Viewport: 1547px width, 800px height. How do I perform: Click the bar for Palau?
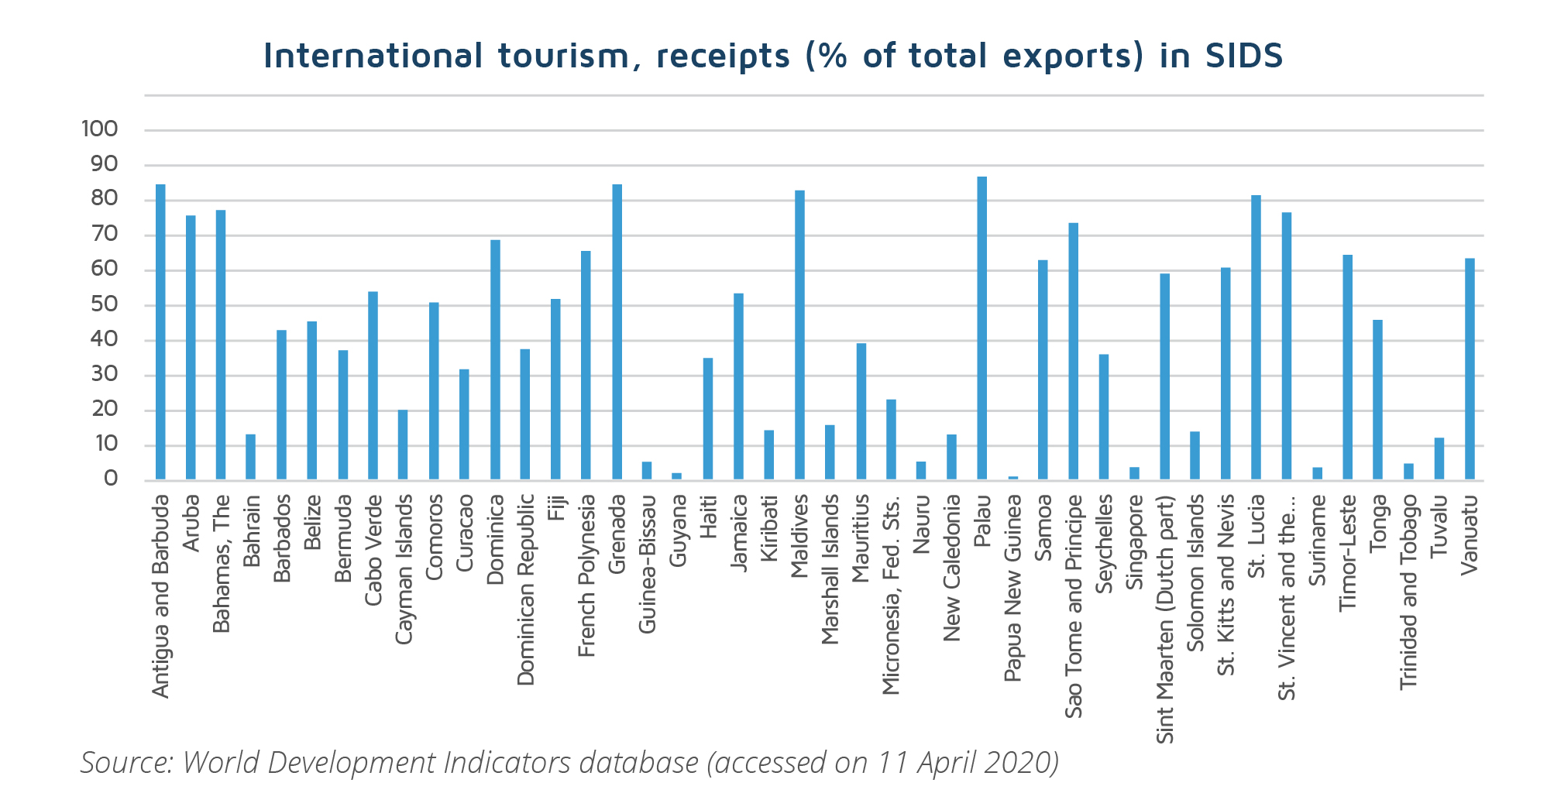pos(981,328)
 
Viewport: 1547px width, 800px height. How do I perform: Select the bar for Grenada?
pos(617,332)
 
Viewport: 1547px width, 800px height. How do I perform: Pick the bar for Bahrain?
pos(250,457)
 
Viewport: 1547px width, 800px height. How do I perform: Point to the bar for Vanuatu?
pos(1470,369)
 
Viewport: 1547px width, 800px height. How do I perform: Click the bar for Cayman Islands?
pos(403,445)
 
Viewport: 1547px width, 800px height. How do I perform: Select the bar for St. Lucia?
pos(1256,338)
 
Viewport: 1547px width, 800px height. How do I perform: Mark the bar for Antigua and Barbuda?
pos(160,332)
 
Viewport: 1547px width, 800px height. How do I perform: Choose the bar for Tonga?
pos(1377,400)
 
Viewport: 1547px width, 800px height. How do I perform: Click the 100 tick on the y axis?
pos(100,129)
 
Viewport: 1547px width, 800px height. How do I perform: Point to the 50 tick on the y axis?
pos(105,304)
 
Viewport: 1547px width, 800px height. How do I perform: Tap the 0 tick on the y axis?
pos(111,479)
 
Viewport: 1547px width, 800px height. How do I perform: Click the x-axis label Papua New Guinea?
pos(1012,589)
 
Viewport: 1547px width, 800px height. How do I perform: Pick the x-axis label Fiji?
pos(556,511)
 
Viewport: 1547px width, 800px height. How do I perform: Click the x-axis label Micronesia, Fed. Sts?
pos(891,596)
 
